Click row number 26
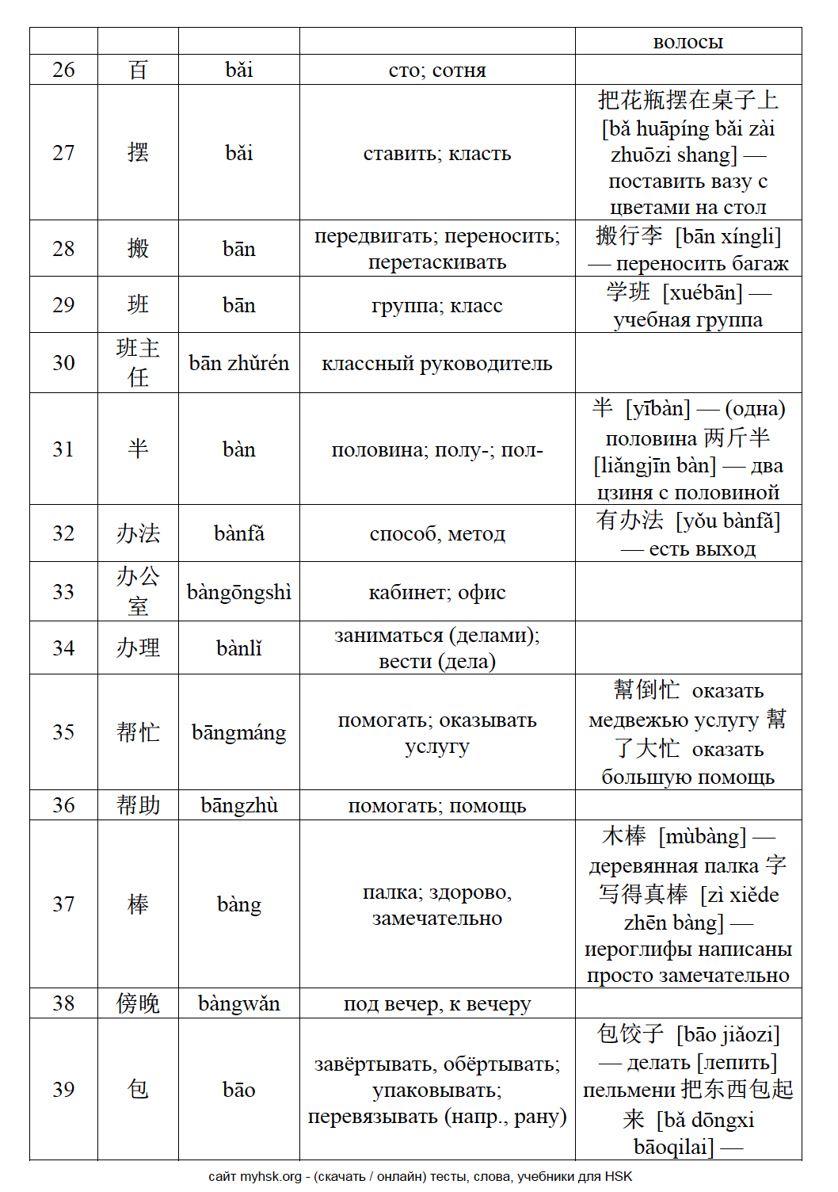pyautogui.click(x=63, y=70)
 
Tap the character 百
pyautogui.click(x=138, y=70)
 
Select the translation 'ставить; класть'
pyautogui.click(x=437, y=153)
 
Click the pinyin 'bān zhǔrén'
pyautogui.click(x=238, y=363)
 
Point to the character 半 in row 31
pyautogui.click(x=138, y=449)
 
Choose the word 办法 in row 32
pyautogui.click(x=138, y=533)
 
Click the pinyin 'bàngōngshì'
pyautogui.click(x=238, y=592)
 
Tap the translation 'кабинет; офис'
pyautogui.click(x=437, y=592)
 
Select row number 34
pyautogui.click(x=63, y=648)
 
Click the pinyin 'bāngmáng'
pyautogui.click(x=238, y=732)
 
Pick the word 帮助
pyautogui.click(x=138, y=805)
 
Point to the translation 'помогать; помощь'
pyautogui.click(x=437, y=805)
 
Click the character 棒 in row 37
pyautogui.click(x=138, y=904)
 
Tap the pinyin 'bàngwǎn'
pyautogui.click(x=238, y=1003)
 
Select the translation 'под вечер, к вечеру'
pyautogui.click(x=437, y=1003)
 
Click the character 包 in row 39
pyautogui.click(x=138, y=1090)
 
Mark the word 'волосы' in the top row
pyautogui.click(x=688, y=42)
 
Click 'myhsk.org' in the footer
pyautogui.click(x=270, y=1177)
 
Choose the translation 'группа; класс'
pyautogui.click(x=437, y=305)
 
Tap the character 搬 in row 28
pyautogui.click(x=138, y=249)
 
